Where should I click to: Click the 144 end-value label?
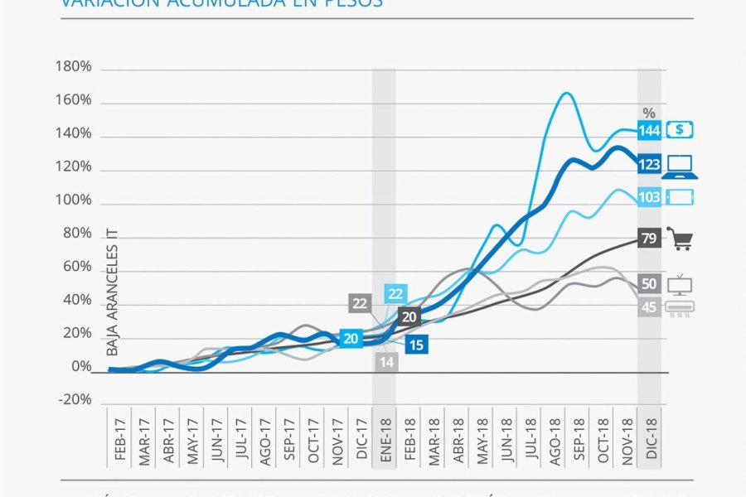tap(649, 130)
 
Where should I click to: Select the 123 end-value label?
tap(649, 165)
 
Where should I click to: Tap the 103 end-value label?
tap(649, 198)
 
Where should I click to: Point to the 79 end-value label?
tap(649, 239)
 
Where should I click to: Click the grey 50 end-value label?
tap(649, 284)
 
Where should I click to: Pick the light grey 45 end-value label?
tap(649, 307)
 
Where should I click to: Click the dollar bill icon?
tap(680, 130)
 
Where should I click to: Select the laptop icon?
tap(680, 166)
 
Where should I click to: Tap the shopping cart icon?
tap(680, 240)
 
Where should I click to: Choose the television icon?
tap(680, 284)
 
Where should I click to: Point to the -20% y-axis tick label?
tap(72, 399)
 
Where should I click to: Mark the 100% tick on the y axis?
tap(72, 200)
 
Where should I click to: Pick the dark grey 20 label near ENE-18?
tap(409, 316)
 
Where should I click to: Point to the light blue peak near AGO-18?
tap(566, 93)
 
